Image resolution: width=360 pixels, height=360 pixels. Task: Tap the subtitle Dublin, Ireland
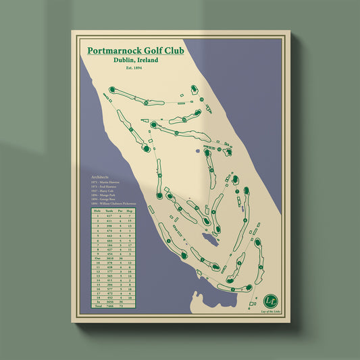tap(136, 60)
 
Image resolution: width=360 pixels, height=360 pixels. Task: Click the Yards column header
tap(109, 210)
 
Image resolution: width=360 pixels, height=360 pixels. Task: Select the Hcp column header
tap(130, 210)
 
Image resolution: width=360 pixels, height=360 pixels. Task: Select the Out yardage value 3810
tap(109, 257)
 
